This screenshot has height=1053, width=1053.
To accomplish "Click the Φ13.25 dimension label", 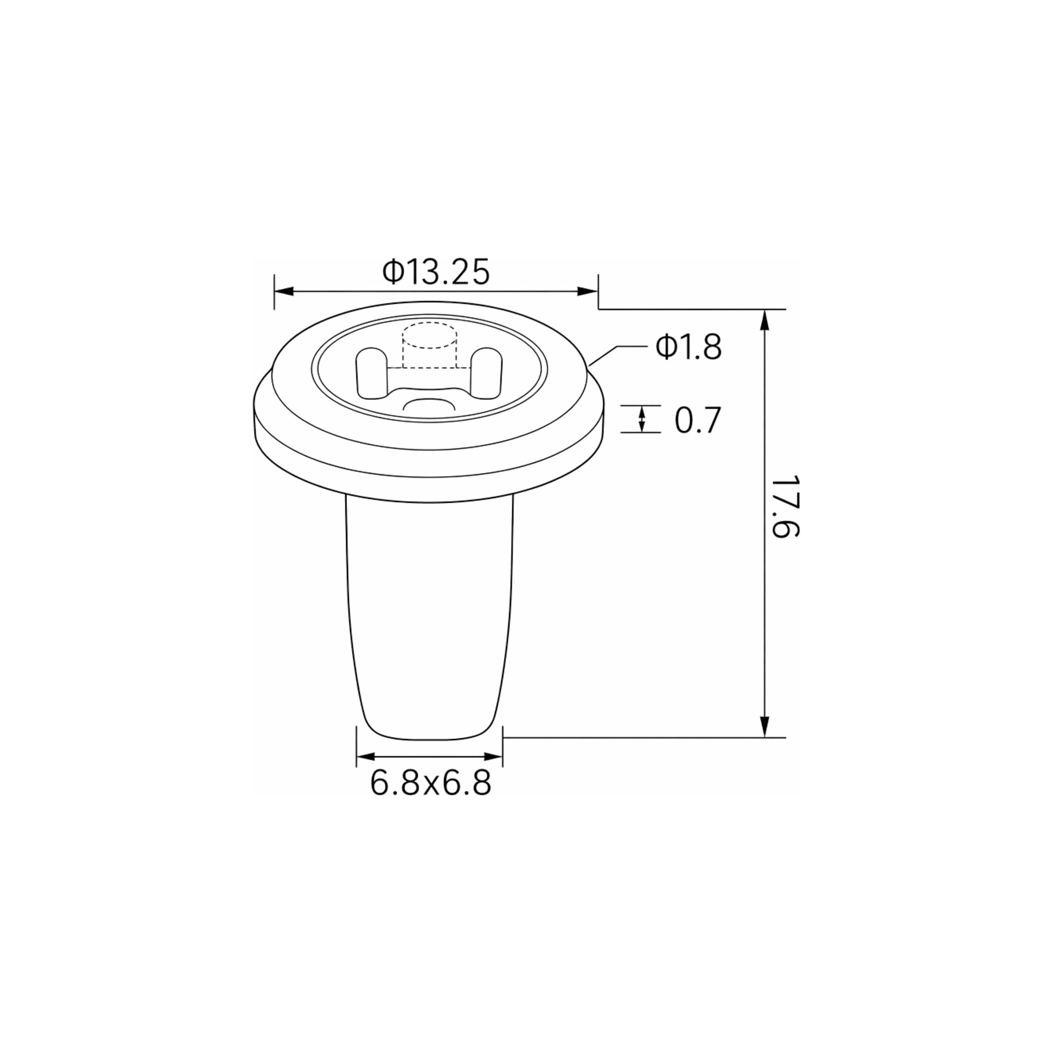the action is click(x=436, y=272).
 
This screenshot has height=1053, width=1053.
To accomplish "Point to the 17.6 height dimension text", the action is click(x=786, y=506).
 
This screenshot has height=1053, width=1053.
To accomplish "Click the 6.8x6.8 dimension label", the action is click(x=430, y=783).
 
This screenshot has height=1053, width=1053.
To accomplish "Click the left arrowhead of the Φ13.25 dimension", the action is click(x=284, y=291).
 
